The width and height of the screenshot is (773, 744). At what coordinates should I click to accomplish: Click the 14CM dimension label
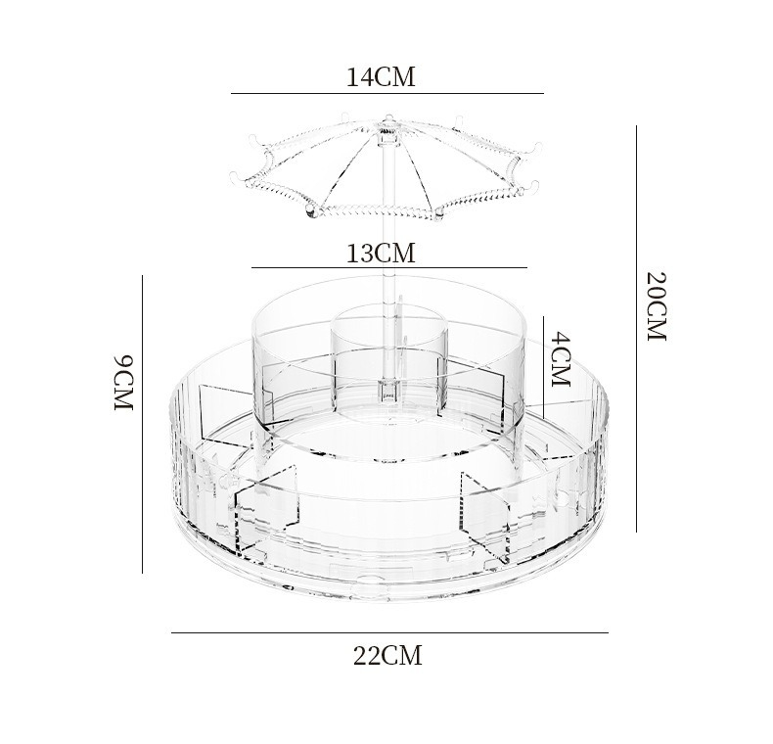click(x=381, y=77)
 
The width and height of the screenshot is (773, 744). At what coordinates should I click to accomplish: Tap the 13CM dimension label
click(x=381, y=254)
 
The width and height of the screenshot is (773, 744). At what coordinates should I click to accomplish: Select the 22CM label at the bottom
click(x=387, y=656)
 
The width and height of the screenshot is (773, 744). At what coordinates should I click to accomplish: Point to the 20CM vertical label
click(x=657, y=305)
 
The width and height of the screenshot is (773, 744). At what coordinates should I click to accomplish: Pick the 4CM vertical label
click(x=561, y=359)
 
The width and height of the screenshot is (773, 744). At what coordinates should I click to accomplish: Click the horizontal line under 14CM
click(x=387, y=93)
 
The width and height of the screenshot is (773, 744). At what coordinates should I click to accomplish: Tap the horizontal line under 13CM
click(x=389, y=268)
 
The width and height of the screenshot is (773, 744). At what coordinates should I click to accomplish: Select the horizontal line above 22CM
click(x=390, y=632)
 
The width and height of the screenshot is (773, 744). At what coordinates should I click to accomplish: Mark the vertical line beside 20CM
click(x=636, y=329)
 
